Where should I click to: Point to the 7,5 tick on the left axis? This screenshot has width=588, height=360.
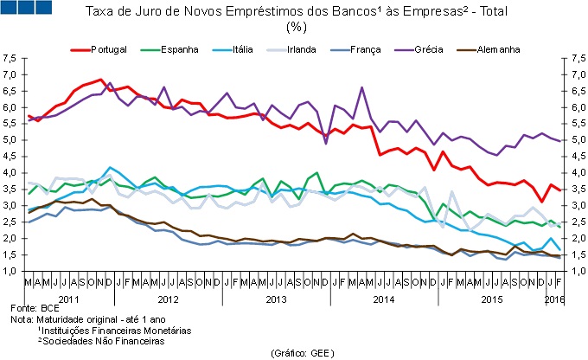(x=10, y=58)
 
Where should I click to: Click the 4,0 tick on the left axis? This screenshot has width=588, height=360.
(x=10, y=173)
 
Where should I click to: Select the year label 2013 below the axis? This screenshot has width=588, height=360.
(x=276, y=299)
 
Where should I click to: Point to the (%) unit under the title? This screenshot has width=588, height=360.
(x=296, y=28)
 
